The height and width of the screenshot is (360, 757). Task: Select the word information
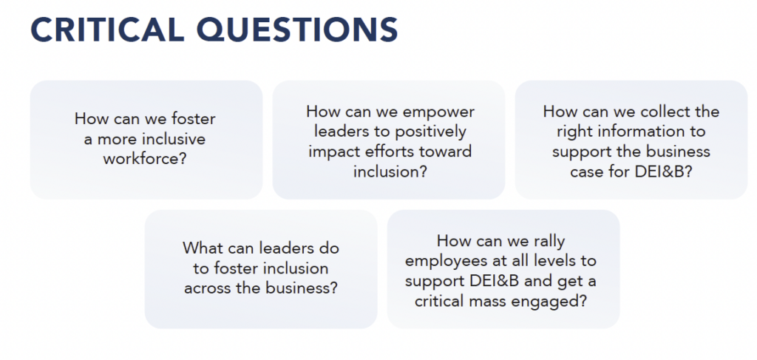[x=644, y=132]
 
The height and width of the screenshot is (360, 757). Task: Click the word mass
[x=496, y=302]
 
